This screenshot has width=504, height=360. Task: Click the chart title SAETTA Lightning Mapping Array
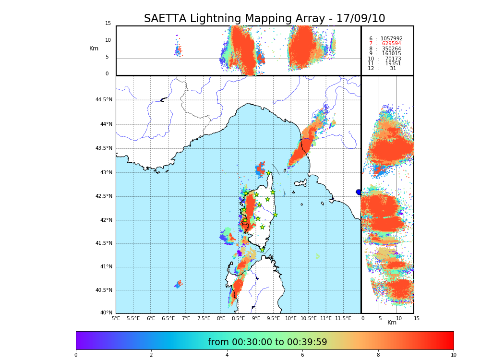(264, 19)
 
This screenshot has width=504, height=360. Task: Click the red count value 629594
(391, 44)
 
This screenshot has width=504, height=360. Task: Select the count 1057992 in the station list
(391, 38)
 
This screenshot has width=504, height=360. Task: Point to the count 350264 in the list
(391, 48)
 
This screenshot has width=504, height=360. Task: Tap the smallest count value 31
(393, 69)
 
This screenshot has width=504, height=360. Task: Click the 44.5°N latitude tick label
(104, 100)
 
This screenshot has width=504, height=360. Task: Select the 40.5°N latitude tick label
(104, 290)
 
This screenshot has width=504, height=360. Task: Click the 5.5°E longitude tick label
(133, 318)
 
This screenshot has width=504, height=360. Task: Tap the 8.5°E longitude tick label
(239, 318)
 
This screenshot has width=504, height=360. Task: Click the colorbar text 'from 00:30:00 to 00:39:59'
(267, 342)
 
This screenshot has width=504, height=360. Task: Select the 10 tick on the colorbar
(454, 355)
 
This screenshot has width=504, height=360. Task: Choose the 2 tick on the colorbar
(151, 355)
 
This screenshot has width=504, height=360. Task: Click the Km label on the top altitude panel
(94, 48)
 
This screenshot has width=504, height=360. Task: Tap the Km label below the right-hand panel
(392, 323)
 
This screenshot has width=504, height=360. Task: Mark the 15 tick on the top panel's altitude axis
(108, 24)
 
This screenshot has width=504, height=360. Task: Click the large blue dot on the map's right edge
(359, 192)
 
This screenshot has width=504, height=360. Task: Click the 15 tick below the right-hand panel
(417, 318)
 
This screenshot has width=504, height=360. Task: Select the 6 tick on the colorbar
(302, 355)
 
